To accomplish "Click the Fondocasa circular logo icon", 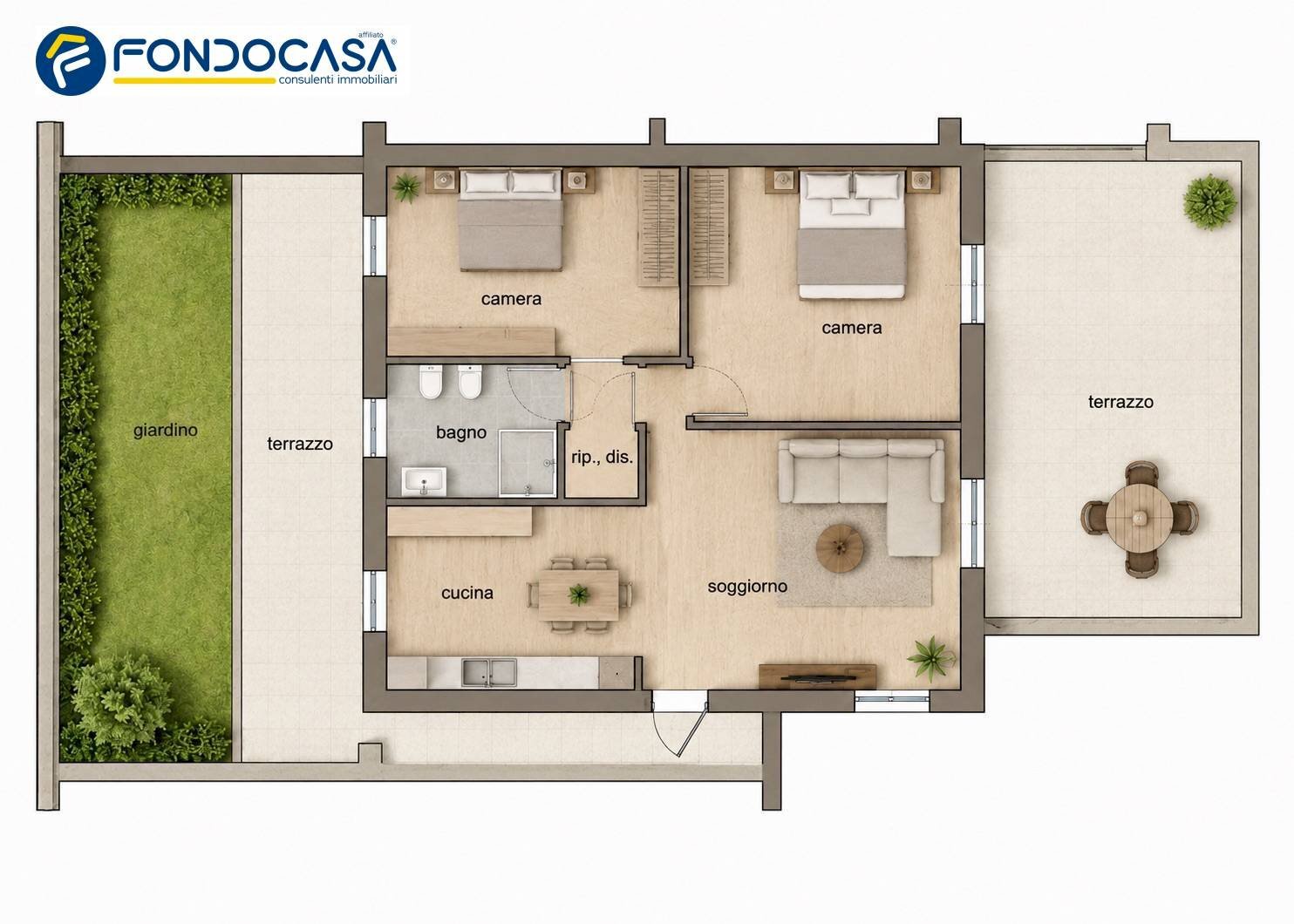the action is pyautogui.click(x=71, y=61).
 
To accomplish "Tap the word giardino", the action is pyautogui.click(x=165, y=431).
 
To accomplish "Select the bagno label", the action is pyautogui.click(x=461, y=432).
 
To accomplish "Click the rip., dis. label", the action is pyautogui.click(x=602, y=458).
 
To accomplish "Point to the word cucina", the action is pyautogui.click(x=467, y=593).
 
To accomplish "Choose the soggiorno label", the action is pyautogui.click(x=747, y=587).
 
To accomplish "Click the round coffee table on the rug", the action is pyautogui.click(x=840, y=548).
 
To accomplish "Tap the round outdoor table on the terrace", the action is pyautogui.click(x=1140, y=519).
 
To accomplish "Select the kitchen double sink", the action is pyautogui.click(x=488, y=673).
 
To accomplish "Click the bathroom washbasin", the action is pyautogui.click(x=424, y=481).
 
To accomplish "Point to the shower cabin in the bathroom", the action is pyautogui.click(x=528, y=463).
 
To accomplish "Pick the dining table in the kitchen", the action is pyautogui.click(x=579, y=594).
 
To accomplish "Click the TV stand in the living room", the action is pyautogui.click(x=817, y=676).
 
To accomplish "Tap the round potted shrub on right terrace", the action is pyautogui.click(x=1210, y=201).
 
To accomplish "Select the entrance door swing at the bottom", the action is pyautogui.click(x=679, y=730).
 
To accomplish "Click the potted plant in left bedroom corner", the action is pyautogui.click(x=406, y=187).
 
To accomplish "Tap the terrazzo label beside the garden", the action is pyautogui.click(x=300, y=444).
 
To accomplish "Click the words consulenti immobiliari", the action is pyautogui.click(x=338, y=79).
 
